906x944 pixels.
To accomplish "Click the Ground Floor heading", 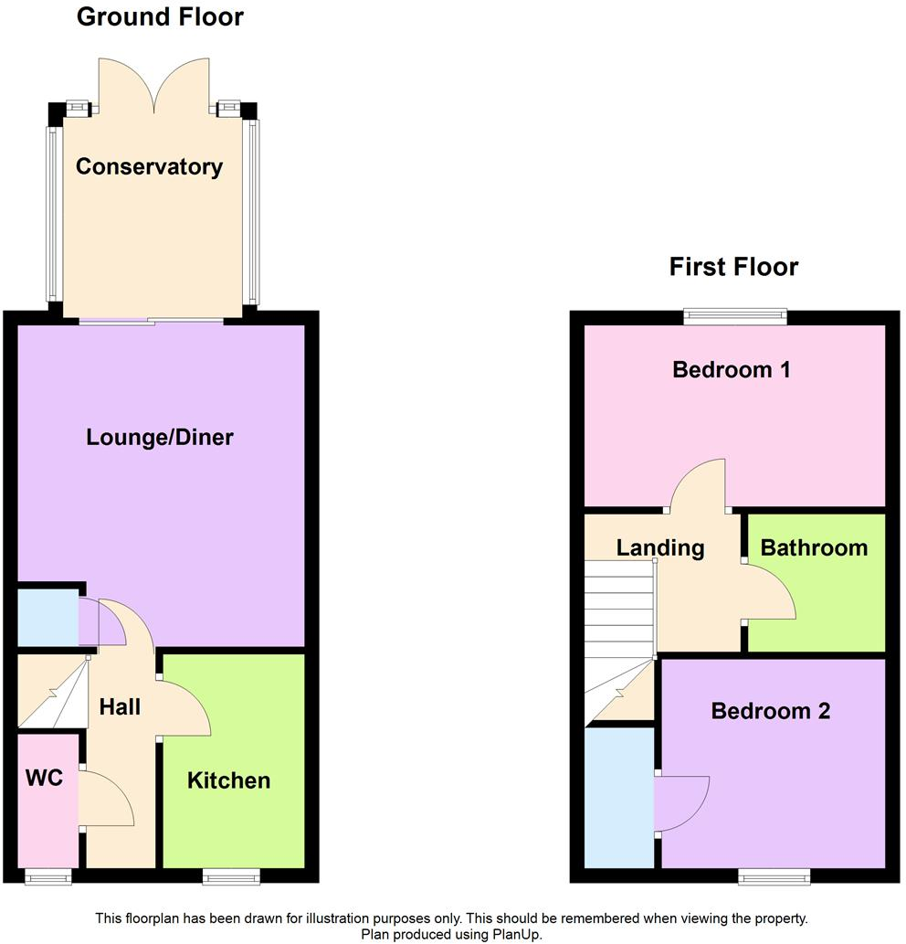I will click(160, 16).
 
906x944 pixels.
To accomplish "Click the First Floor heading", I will click(733, 267).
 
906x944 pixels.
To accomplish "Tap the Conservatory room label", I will click(149, 167).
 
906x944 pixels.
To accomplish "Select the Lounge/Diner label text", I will click(160, 438).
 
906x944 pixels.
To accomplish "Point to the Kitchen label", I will click(229, 780).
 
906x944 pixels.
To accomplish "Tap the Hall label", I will click(120, 706).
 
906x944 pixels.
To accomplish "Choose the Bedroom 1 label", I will click(732, 370).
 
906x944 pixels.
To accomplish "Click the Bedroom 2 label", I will click(771, 711).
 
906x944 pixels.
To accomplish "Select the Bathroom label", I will click(814, 548).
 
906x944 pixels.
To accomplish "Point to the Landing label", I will click(660, 548).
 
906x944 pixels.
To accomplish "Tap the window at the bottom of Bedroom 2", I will click(774, 876).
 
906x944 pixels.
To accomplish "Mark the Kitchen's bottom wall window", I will click(231, 876).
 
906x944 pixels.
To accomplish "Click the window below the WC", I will click(47, 876).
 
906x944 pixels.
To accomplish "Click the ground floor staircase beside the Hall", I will click(53, 695).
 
